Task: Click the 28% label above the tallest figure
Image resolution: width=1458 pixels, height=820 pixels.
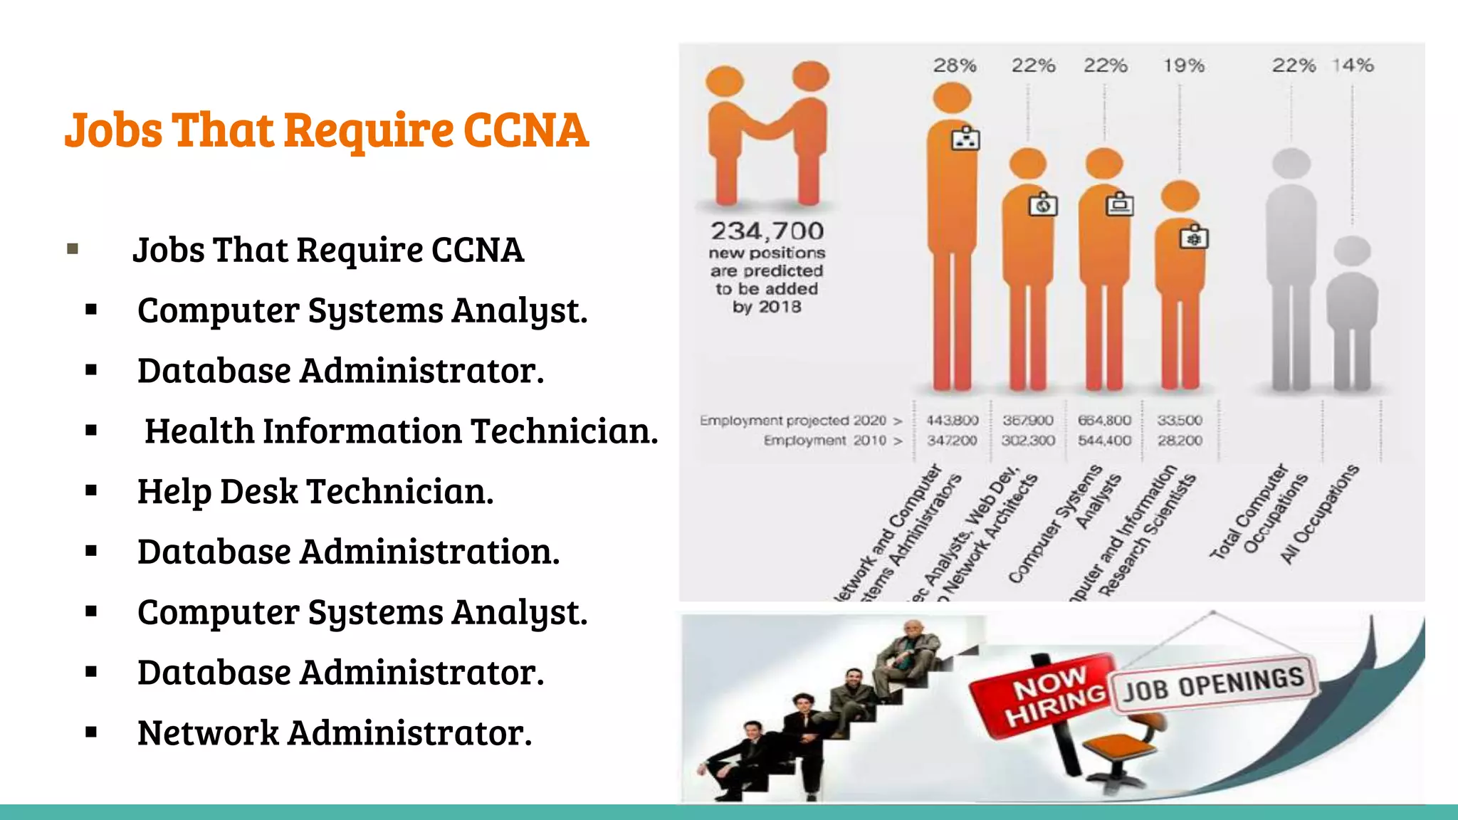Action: [x=954, y=65]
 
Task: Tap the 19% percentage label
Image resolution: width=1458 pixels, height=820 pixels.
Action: [x=1183, y=65]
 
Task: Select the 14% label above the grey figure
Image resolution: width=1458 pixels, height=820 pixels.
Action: [x=1353, y=65]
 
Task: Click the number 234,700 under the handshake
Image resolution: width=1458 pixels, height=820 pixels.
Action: [x=767, y=231]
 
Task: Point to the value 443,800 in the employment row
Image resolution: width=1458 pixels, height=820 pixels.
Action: [x=952, y=421]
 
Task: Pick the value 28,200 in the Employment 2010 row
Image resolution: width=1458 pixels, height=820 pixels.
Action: [x=1180, y=441]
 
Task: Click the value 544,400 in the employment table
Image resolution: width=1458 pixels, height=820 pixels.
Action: [x=1104, y=441]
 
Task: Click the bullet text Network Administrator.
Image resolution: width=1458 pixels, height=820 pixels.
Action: [x=335, y=732]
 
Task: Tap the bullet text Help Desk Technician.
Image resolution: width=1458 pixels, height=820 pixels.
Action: [x=315, y=491]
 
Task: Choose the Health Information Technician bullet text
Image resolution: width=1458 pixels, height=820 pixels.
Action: [x=401, y=431]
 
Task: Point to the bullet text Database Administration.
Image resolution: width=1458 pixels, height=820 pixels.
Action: [x=348, y=552]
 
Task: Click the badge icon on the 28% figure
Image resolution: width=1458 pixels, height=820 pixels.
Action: [x=965, y=140]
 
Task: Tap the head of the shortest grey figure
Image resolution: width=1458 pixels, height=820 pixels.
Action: [x=1352, y=251]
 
